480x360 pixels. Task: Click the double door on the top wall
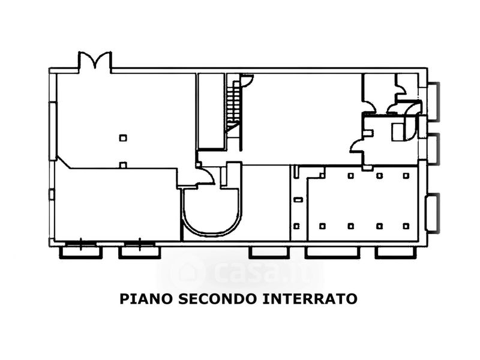tap(95, 62)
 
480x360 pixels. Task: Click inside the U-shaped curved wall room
tap(212, 210)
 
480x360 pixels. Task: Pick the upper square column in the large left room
tap(122, 138)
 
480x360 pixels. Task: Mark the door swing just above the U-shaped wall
tap(206, 176)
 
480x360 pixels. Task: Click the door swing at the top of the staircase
tap(247, 80)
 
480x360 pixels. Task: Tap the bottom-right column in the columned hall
tap(406, 226)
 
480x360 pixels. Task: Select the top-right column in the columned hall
tap(406, 176)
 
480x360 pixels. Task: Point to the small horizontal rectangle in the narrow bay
tap(297, 199)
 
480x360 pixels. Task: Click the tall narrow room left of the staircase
tap(211, 111)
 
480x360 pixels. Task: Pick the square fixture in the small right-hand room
tap(397, 131)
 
